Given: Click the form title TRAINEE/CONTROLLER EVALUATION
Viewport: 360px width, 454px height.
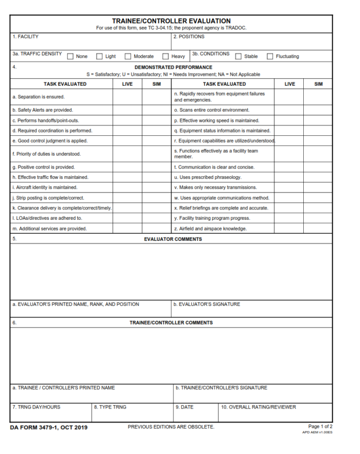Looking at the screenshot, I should (x=171, y=21).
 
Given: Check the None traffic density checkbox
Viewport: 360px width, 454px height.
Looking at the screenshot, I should (x=71, y=57).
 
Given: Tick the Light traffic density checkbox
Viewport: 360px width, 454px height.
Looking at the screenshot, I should (x=99, y=57).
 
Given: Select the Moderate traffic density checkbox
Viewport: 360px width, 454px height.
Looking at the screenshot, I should (x=127, y=57).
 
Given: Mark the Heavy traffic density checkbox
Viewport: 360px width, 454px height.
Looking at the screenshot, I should (x=165, y=57).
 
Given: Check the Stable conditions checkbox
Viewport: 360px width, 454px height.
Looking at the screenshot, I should (x=239, y=57).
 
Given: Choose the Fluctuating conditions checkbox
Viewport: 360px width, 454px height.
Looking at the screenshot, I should (x=270, y=57).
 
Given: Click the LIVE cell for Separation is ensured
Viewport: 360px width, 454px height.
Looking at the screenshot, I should (x=127, y=97).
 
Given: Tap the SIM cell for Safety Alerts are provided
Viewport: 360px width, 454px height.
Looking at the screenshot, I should (x=157, y=110).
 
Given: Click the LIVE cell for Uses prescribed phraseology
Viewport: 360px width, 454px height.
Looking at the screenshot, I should (x=289, y=178).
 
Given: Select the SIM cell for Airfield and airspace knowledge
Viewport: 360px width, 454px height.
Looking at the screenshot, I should (x=318, y=229).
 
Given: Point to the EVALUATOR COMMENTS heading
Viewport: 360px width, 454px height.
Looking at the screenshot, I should (x=173, y=239).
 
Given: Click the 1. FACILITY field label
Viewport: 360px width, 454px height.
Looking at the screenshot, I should (x=25, y=37).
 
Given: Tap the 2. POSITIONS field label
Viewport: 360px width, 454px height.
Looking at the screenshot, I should (x=189, y=37).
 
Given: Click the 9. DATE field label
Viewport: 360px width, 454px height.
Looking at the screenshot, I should (x=184, y=407).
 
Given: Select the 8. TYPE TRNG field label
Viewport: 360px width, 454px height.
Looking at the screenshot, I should (x=110, y=407).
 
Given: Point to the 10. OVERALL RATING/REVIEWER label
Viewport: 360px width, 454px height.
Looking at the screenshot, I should (x=258, y=407).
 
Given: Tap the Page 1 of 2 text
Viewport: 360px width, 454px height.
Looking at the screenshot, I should (x=320, y=426).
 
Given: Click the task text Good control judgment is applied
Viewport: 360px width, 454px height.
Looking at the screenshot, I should (x=50, y=141).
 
